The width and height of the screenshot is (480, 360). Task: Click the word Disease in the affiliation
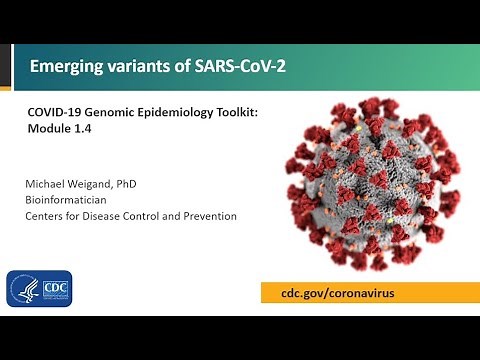point(118,216)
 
